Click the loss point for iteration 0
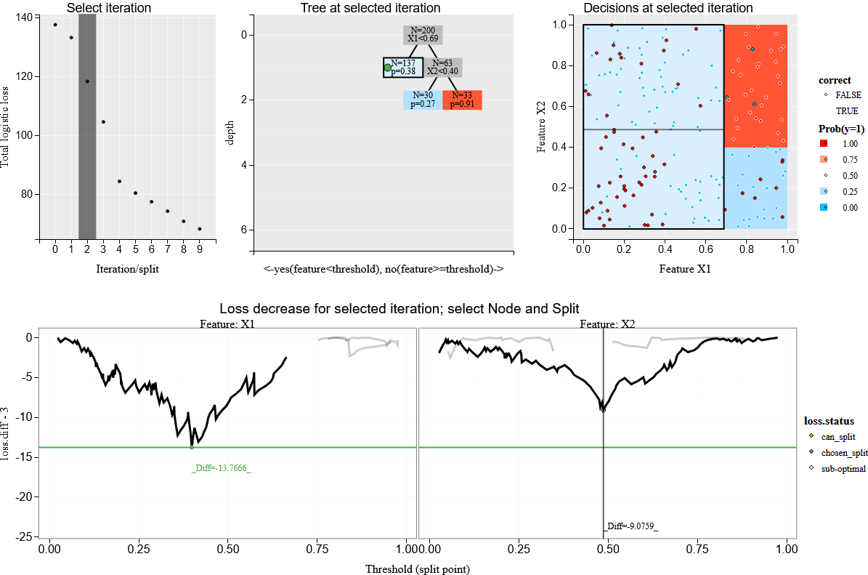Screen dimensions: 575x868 [x=55, y=25]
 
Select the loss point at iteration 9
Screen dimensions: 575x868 [x=200, y=229]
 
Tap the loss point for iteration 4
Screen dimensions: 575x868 [x=119, y=181]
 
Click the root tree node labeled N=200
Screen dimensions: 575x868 [x=423, y=34]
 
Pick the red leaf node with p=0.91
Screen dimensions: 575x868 [x=463, y=100]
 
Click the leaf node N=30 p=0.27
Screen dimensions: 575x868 [x=423, y=100]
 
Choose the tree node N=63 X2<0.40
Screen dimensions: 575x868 [x=443, y=68]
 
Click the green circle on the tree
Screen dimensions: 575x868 [x=387, y=68]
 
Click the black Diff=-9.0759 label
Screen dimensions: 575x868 [x=631, y=526]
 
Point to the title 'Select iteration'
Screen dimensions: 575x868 [x=109, y=9]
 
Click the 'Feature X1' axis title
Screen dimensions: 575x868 [x=684, y=269]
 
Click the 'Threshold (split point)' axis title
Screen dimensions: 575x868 [x=418, y=568]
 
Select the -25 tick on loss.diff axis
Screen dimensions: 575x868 [x=26, y=536]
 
